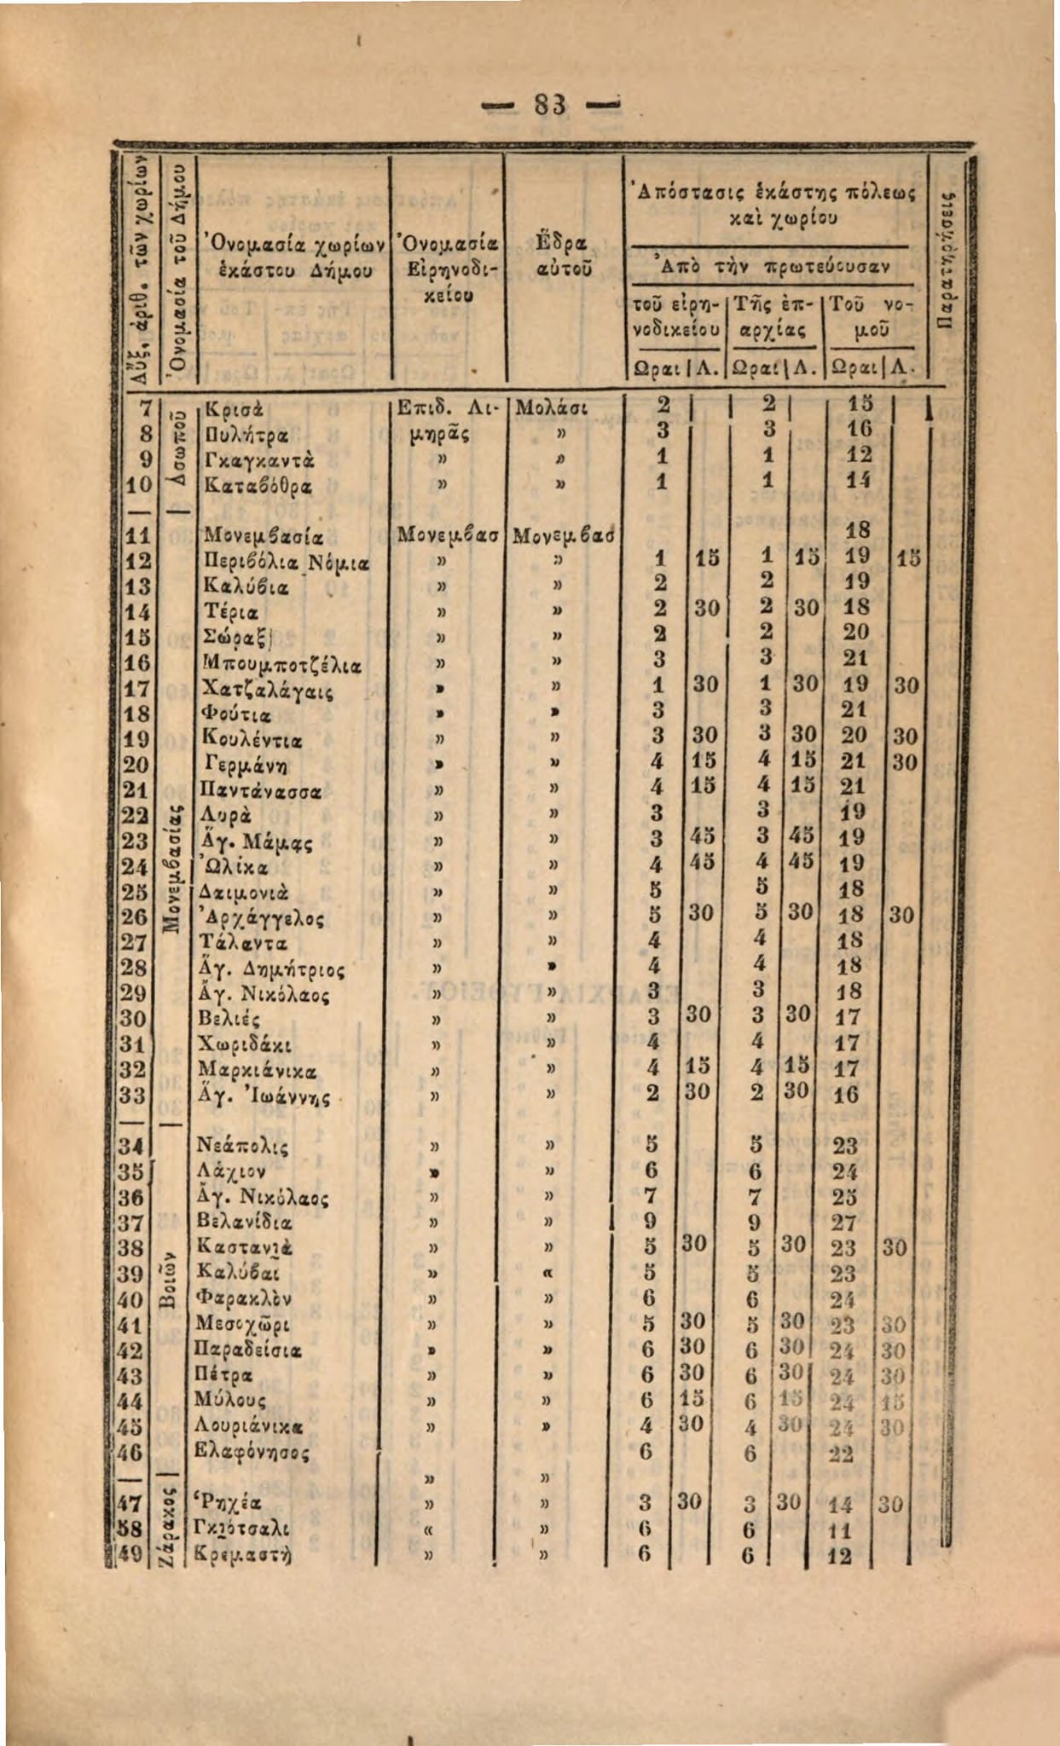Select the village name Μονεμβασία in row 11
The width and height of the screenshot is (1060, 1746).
(249, 537)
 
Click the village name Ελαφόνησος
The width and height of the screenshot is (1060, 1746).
(252, 1452)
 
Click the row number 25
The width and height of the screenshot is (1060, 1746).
(136, 892)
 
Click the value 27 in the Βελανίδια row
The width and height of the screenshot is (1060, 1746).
(843, 1223)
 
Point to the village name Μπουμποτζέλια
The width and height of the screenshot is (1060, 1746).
(269, 661)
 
